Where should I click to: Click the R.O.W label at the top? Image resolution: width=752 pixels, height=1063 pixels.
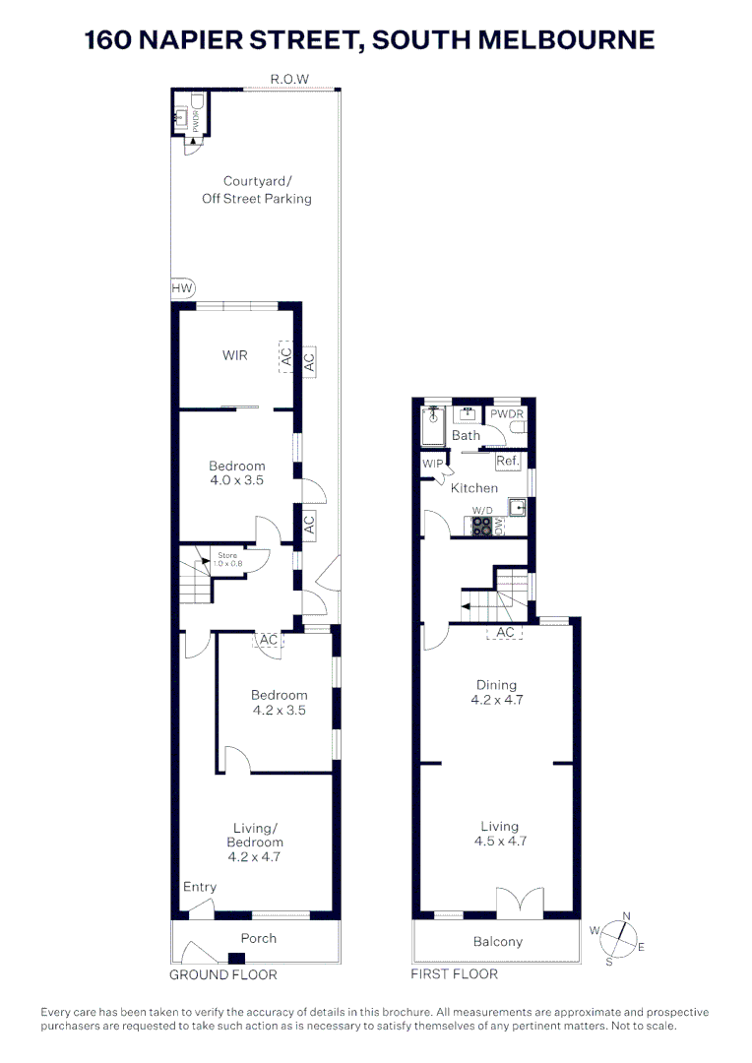[290, 79]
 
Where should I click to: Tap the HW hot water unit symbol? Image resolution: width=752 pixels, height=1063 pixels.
[182, 288]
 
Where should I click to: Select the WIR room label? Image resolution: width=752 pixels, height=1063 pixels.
[234, 355]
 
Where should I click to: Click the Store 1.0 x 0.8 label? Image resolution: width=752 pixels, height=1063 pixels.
[227, 561]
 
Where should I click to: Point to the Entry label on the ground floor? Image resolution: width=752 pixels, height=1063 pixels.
[200, 887]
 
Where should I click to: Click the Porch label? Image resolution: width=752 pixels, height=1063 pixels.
[259, 938]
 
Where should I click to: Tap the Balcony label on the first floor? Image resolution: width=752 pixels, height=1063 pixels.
[498, 942]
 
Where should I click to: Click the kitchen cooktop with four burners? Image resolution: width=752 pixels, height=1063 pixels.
[481, 526]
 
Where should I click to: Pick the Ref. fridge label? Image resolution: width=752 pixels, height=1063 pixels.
[508, 461]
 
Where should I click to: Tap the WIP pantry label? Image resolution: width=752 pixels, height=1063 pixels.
[432, 464]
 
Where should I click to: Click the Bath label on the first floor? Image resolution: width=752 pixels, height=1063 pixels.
[467, 435]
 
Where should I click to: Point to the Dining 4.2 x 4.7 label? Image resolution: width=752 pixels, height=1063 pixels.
[496, 693]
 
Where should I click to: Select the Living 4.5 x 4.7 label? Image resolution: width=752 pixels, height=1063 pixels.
[499, 834]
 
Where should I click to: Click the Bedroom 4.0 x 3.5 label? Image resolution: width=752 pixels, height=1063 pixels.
[237, 473]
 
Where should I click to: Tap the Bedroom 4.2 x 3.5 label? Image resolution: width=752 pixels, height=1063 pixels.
[279, 702]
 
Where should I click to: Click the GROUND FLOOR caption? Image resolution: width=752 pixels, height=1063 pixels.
[223, 974]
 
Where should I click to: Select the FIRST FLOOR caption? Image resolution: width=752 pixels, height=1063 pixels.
[454, 973]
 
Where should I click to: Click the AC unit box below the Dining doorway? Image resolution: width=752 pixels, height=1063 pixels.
[506, 633]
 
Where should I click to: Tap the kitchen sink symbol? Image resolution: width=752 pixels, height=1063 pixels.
[517, 508]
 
